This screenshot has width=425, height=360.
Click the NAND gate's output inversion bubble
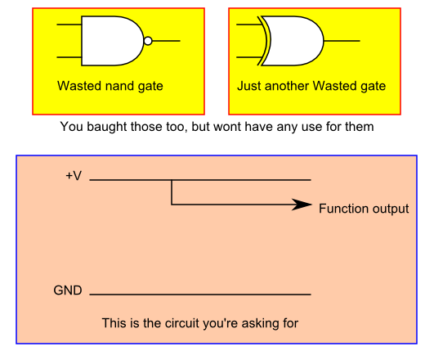pos(148,41)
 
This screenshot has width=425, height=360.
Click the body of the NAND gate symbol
pos(112,41)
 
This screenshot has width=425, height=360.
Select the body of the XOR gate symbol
pos(293,41)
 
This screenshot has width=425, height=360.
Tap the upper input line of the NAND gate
pos(69,25)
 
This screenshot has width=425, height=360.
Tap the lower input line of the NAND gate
pos(69,57)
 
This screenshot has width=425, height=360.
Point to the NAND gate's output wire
pos(166,41)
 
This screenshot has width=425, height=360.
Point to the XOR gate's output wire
pos(342,41)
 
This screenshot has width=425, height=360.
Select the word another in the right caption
pos(287,86)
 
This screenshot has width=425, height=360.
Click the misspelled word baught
pos(107,127)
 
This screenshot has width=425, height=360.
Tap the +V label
pos(74,176)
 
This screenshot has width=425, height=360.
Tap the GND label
pos(68,290)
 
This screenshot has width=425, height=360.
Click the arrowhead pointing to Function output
pos(302,205)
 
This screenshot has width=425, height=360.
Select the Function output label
pos(364,209)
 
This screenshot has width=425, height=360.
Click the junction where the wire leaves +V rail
pos(172,180)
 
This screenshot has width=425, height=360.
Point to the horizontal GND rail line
pos(200,295)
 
